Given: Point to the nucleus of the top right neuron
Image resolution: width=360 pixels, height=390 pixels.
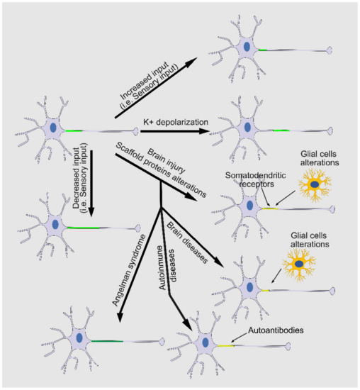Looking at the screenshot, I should point(247,48).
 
